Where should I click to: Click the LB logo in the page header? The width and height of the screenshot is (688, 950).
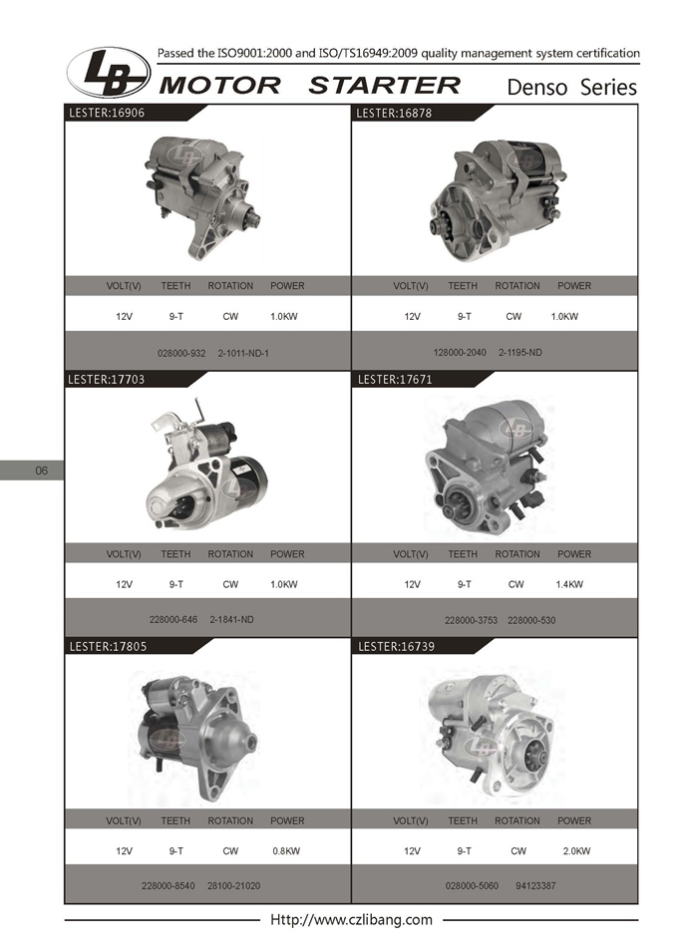click(109, 72)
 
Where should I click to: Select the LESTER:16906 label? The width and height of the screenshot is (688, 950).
click(107, 113)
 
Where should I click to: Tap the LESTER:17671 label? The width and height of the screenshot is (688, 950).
click(395, 380)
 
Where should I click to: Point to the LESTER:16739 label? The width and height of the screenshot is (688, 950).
click(397, 647)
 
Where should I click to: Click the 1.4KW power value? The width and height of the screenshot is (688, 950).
click(569, 585)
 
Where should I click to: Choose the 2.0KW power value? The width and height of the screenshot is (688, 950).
click(576, 851)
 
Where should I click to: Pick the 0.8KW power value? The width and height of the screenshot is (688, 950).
click(286, 851)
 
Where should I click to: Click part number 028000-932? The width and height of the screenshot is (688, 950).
click(181, 353)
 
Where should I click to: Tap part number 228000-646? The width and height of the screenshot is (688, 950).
click(173, 620)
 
